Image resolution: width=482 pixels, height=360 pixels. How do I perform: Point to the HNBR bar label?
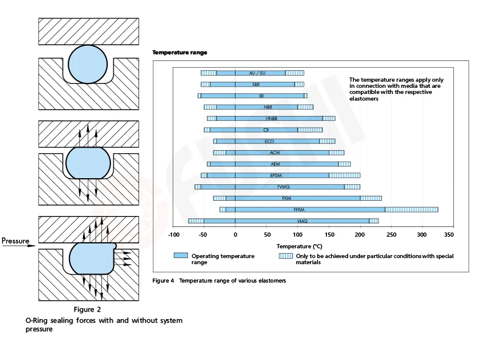272,118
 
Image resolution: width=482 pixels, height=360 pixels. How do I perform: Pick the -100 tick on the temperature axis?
173,235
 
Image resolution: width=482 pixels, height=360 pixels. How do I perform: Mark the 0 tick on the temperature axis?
235,235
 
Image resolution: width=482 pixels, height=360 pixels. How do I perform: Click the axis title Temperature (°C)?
299,246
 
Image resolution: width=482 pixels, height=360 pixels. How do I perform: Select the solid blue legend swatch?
181,256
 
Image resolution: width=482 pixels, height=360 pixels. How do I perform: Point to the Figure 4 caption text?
219,281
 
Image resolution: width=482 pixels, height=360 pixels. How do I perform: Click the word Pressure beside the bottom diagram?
15,241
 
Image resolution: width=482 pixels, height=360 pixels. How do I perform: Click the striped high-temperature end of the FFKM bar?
411,209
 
